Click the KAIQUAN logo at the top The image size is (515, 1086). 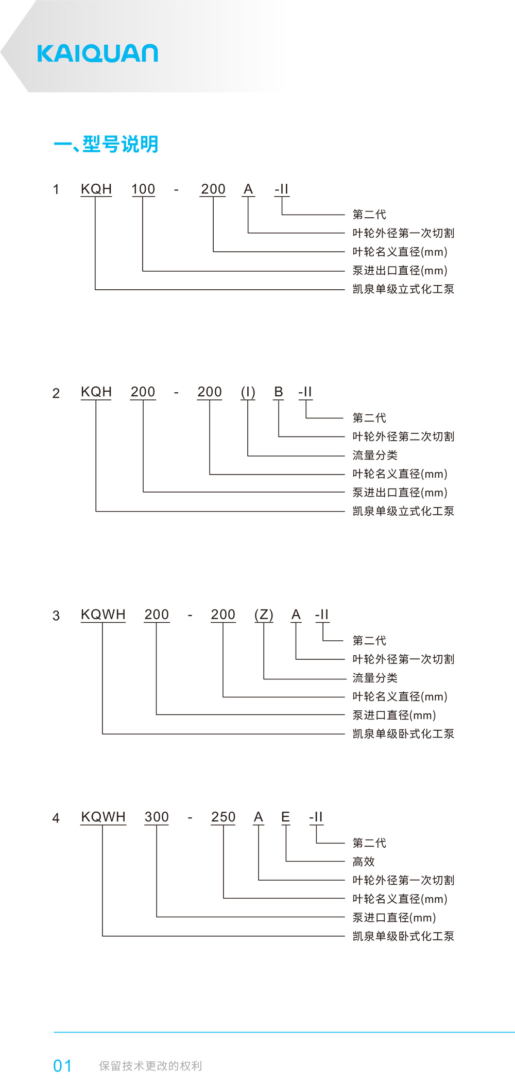(x=97, y=54)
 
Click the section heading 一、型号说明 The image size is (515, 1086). (x=106, y=144)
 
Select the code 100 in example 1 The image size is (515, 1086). (x=143, y=189)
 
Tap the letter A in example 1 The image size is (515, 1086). (x=248, y=189)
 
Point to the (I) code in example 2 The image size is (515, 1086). (x=248, y=392)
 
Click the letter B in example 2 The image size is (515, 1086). (x=279, y=392)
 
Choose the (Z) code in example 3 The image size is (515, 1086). (x=264, y=615)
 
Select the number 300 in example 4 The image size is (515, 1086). (x=157, y=817)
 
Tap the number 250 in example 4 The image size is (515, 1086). (x=224, y=817)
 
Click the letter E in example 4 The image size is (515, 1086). (x=285, y=817)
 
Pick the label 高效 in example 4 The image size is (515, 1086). (x=364, y=862)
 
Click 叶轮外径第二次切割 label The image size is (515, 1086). (x=403, y=436)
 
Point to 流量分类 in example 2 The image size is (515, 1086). (x=375, y=455)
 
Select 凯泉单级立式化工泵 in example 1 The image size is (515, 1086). (x=403, y=289)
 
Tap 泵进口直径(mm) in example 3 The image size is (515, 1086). (x=394, y=715)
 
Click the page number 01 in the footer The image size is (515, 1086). (x=62, y=1066)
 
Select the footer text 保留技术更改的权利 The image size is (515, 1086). (x=150, y=1066)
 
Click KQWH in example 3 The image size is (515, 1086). (x=103, y=615)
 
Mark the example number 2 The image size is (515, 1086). (x=56, y=394)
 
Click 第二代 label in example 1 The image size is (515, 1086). (x=369, y=215)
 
